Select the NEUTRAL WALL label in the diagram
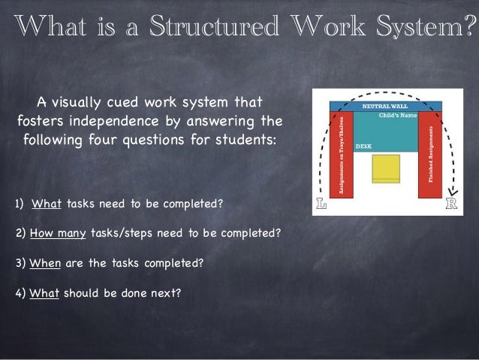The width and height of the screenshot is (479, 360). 385,107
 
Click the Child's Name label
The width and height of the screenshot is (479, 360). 397,116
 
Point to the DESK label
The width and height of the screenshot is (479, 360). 363,145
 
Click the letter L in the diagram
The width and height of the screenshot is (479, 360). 321,204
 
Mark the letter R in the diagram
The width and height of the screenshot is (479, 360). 451,204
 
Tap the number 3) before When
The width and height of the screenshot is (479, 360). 20,264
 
